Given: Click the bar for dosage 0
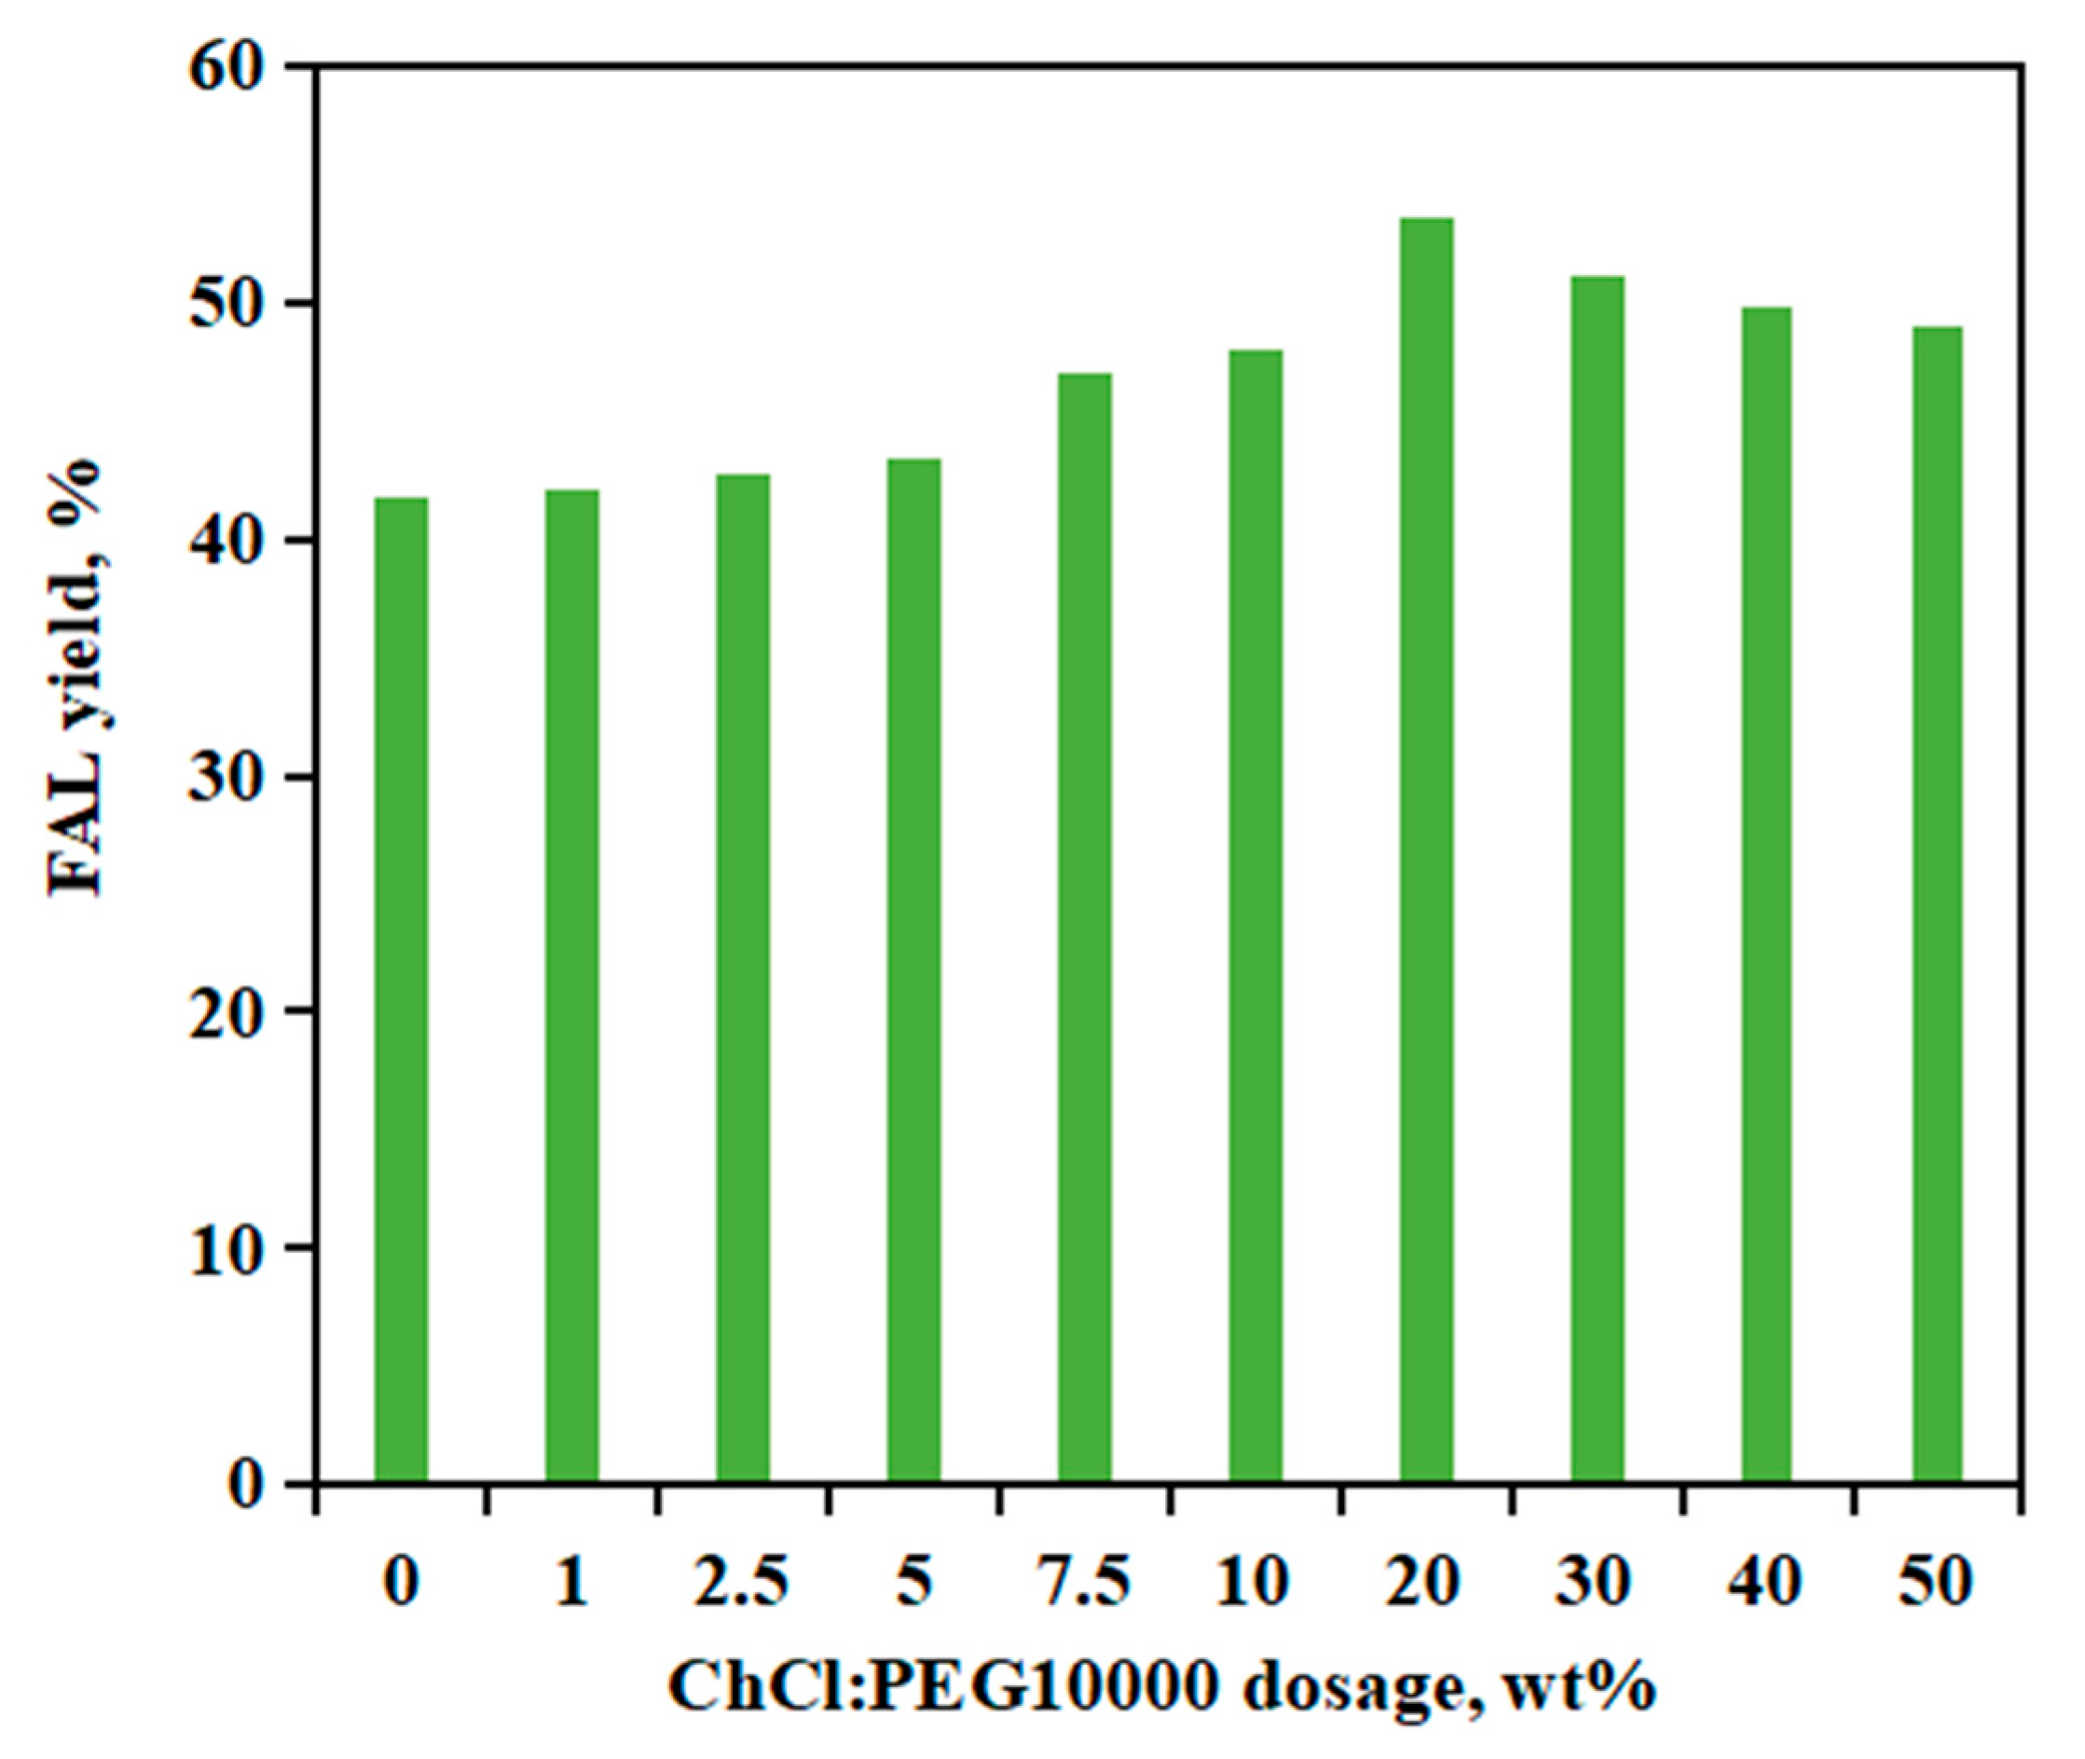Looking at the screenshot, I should [401, 992].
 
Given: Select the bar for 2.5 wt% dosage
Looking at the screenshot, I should [743, 981].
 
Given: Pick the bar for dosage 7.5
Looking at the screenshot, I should [1085, 929].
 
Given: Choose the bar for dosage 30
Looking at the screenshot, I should [1598, 881].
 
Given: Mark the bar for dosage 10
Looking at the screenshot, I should [1255, 917].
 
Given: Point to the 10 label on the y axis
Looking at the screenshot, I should [233, 1247].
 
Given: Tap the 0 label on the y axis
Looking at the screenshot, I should [249, 1485].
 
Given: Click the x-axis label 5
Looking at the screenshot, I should [914, 1582].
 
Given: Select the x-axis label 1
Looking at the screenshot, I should [572, 1582].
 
